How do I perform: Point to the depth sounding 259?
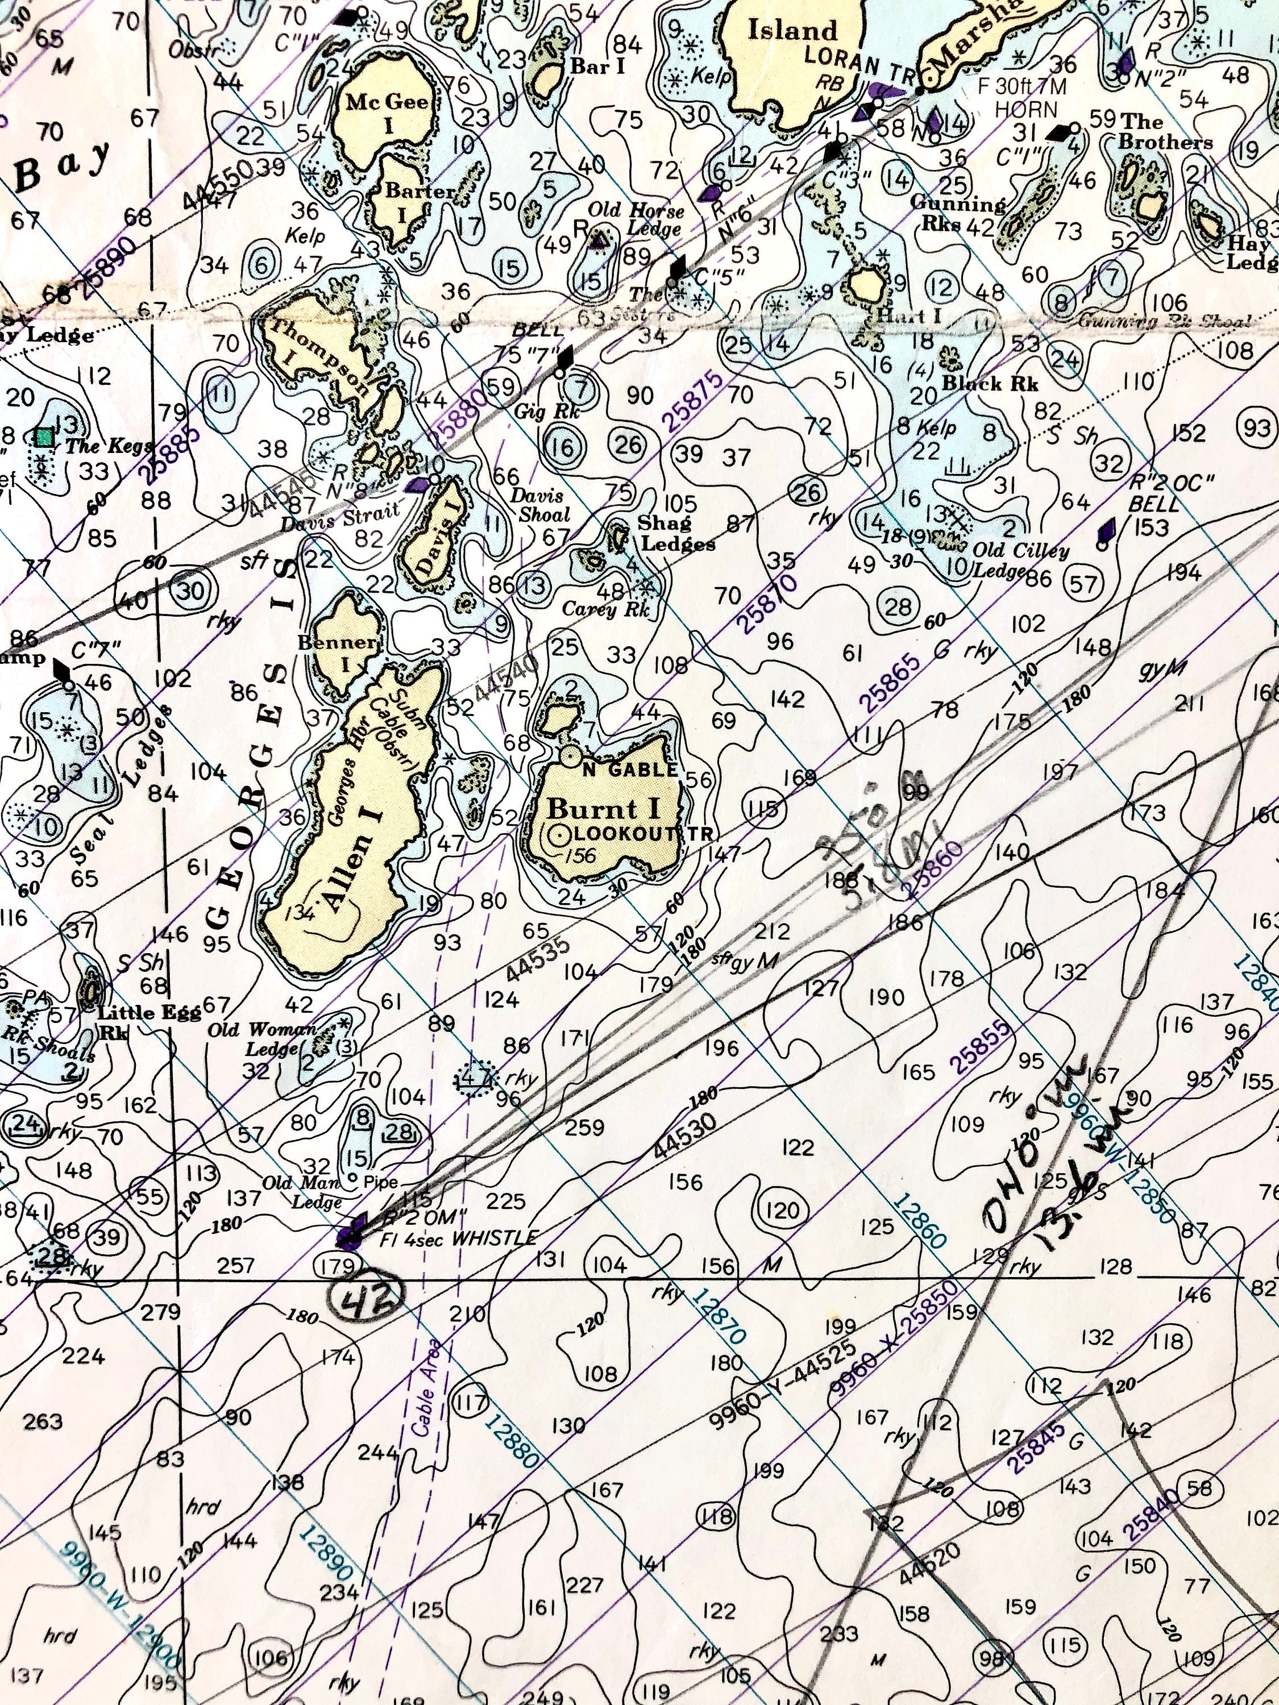[x=584, y=1127]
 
